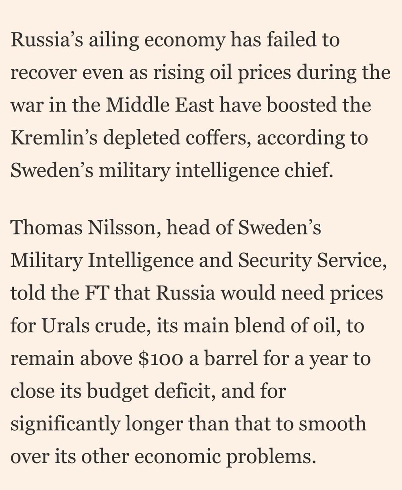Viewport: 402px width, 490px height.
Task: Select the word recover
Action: (x=43, y=73)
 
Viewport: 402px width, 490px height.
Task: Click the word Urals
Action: (x=66, y=326)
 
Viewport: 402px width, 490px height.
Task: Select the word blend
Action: (x=260, y=326)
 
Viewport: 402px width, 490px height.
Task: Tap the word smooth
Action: (x=332, y=424)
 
